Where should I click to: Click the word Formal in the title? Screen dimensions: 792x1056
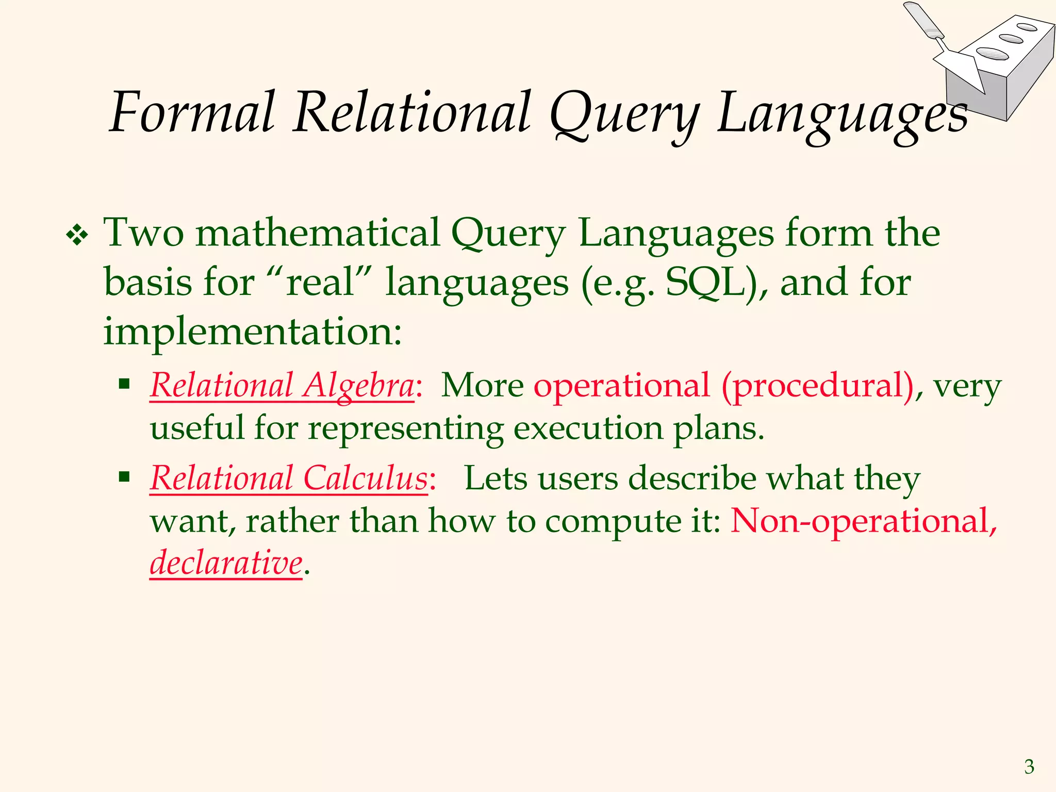192,112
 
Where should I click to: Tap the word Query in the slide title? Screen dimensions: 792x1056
624,114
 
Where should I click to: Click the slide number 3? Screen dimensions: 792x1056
1029,767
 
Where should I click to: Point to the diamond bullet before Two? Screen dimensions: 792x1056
77,236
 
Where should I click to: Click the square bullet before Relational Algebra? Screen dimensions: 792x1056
124,384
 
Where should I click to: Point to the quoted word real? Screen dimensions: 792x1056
320,283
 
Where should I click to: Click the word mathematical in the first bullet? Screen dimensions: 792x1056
318,233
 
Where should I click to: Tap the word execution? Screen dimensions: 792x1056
588,428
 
